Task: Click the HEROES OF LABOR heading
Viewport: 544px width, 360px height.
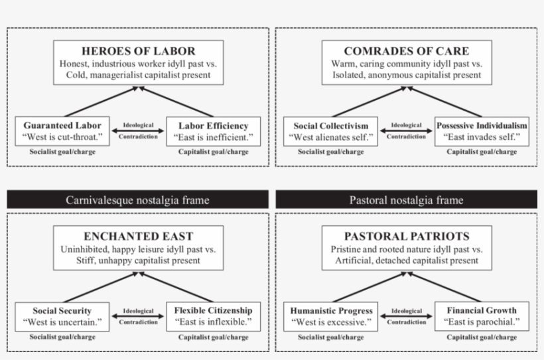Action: tap(138, 51)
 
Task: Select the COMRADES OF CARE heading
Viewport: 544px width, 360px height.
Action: tap(406, 51)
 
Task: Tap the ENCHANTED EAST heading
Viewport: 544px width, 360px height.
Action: tap(138, 237)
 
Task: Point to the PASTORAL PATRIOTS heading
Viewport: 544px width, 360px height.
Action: tap(406, 237)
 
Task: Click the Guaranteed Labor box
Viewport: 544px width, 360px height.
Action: tap(62, 131)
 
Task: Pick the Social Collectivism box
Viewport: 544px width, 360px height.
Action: tap(330, 131)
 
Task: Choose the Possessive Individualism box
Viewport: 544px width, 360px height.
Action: tap(482, 131)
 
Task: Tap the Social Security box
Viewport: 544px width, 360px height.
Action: tap(62, 316)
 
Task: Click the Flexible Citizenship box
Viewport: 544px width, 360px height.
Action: tap(213, 316)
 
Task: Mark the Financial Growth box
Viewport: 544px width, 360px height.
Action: tap(482, 316)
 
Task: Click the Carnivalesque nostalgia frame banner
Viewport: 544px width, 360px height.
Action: tap(137, 200)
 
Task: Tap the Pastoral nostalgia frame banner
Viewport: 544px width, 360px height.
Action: tap(406, 200)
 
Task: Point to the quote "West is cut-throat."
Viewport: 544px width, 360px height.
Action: tap(62, 137)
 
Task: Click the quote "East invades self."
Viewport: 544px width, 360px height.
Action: tap(482, 137)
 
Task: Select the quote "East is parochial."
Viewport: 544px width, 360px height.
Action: tap(482, 323)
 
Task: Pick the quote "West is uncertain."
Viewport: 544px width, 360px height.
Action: tap(62, 323)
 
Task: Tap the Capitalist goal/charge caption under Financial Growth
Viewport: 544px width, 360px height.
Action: tap(482, 337)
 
